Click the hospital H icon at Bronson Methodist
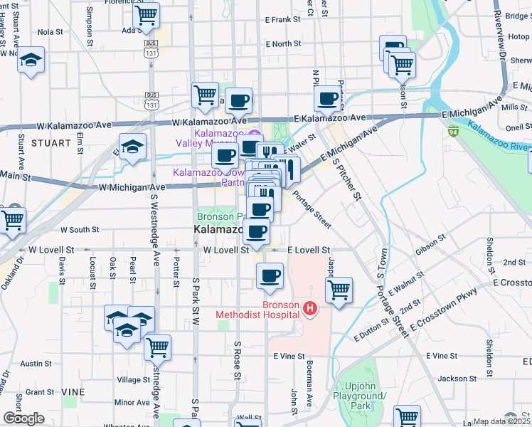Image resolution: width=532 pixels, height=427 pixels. coord(309,308)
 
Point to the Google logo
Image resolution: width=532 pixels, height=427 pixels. coord(23,418)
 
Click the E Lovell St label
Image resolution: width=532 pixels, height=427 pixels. coord(309,251)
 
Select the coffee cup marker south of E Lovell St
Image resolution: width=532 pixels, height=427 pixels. coord(270,275)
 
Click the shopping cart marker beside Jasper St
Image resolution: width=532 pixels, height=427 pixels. coord(339,290)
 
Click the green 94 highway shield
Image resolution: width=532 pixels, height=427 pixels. coord(453,131)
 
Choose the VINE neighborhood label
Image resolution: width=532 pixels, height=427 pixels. coord(72,392)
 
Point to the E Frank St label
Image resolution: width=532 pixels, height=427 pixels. coord(283,21)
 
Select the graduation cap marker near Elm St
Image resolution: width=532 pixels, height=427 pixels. coord(132,147)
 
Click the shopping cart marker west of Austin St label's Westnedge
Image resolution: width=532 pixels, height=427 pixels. coord(157,347)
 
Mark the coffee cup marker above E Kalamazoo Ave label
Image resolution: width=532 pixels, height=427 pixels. coord(328,100)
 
